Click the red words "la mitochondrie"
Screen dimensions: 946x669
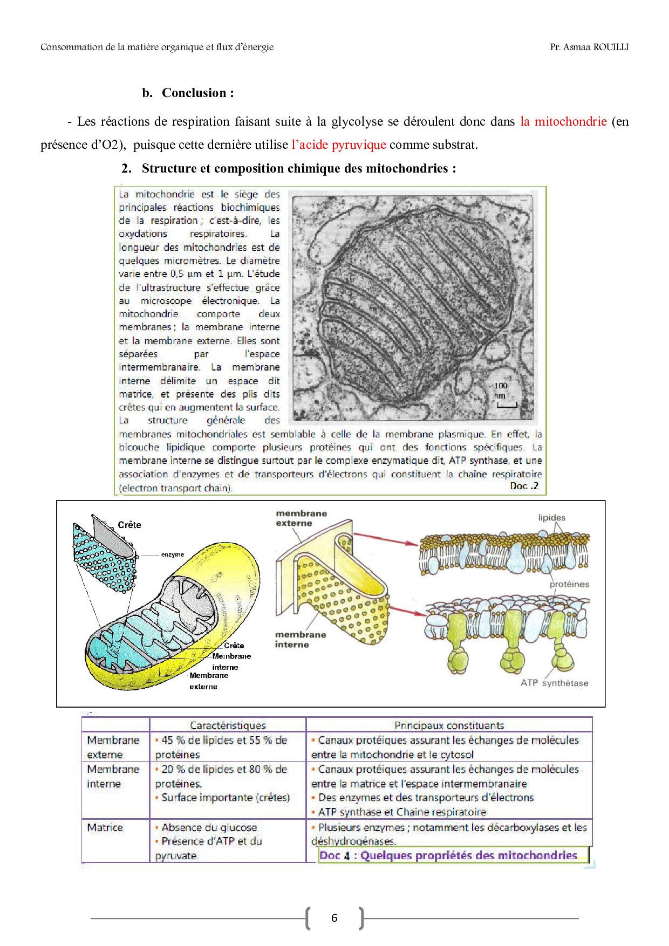pyautogui.click(x=563, y=121)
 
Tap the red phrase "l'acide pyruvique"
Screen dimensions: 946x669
pyautogui.click(x=338, y=145)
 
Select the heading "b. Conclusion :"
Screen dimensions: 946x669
pyautogui.click(x=188, y=93)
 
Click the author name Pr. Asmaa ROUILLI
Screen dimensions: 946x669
pyautogui.click(x=589, y=47)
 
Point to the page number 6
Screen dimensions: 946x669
pyautogui.click(x=334, y=918)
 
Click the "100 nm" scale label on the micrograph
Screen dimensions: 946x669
pyautogui.click(x=501, y=390)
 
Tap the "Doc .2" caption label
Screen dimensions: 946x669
pyautogui.click(x=524, y=486)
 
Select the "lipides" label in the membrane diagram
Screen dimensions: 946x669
pyautogui.click(x=551, y=518)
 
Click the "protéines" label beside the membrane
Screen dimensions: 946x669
pyautogui.click(x=569, y=584)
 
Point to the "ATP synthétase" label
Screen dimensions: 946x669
pyautogui.click(x=554, y=683)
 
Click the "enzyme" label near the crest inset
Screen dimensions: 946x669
pyautogui.click(x=172, y=554)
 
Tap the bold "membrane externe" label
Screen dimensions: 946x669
pyautogui.click(x=301, y=518)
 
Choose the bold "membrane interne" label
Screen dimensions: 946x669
pyautogui.click(x=300, y=640)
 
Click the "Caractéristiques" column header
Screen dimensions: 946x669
pyautogui.click(x=228, y=725)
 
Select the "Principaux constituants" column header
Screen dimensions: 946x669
pyautogui.click(x=449, y=725)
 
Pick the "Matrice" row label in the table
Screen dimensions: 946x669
pyautogui.click(x=105, y=827)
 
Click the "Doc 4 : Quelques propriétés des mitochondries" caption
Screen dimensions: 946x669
pyautogui.click(x=448, y=855)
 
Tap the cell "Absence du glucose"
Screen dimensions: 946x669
pyautogui.click(x=209, y=827)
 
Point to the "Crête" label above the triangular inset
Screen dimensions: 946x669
pyautogui.click(x=129, y=525)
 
